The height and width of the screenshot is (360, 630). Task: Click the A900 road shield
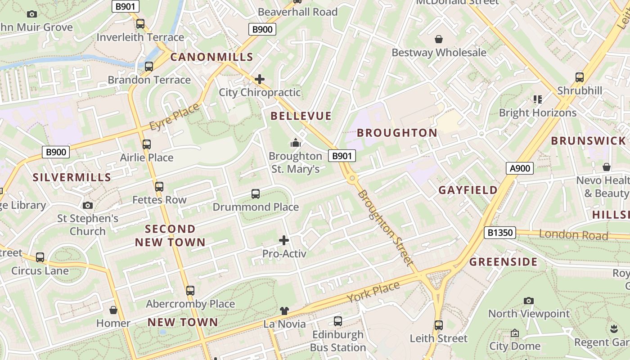click(x=520, y=168)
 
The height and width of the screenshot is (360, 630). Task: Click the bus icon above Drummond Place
click(x=256, y=194)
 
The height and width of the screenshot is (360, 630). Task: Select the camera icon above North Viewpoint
click(x=529, y=301)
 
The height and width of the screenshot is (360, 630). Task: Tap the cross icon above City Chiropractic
click(x=260, y=79)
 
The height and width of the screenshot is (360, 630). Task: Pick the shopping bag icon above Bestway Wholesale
click(x=439, y=40)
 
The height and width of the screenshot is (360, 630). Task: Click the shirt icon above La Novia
click(x=284, y=310)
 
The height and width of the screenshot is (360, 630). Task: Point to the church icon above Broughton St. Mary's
click(x=296, y=143)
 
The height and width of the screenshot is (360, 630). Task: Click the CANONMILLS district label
click(x=211, y=57)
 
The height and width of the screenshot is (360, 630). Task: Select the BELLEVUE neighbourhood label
click(x=301, y=116)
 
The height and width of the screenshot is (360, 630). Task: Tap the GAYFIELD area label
click(x=468, y=190)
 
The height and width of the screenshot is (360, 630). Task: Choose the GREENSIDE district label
click(x=503, y=262)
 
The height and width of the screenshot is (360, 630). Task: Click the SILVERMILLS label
click(x=72, y=177)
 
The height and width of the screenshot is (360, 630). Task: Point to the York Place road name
click(x=373, y=292)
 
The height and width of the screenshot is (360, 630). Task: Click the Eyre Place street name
click(x=174, y=118)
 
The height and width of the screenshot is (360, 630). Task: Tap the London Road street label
click(x=573, y=234)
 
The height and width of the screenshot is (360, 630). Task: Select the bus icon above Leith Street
click(x=439, y=325)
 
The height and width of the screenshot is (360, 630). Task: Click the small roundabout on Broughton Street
click(x=352, y=179)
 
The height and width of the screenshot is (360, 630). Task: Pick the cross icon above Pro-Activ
click(x=284, y=240)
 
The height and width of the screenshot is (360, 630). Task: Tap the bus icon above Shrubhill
click(x=580, y=77)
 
